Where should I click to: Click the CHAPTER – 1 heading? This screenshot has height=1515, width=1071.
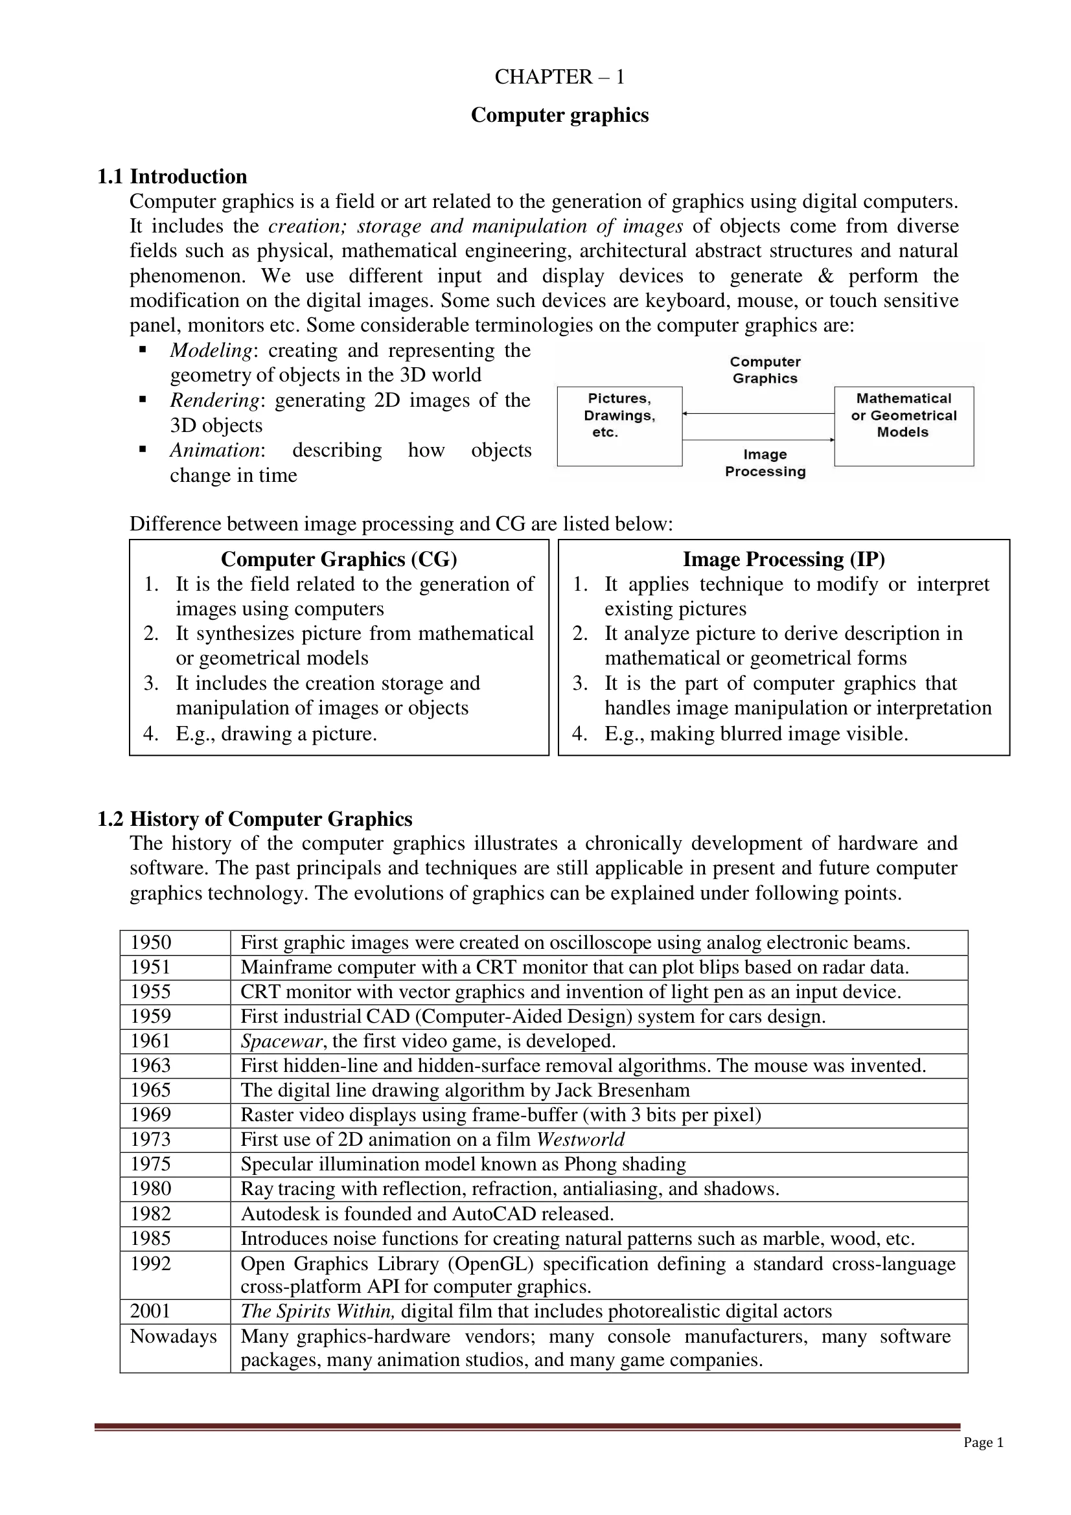[x=559, y=77]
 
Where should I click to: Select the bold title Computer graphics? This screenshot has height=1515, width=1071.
[x=559, y=115]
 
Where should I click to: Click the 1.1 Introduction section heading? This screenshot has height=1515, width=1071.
[x=172, y=177]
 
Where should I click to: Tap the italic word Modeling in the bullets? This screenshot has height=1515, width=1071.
[x=211, y=350]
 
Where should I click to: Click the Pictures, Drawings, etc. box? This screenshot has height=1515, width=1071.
[x=619, y=426]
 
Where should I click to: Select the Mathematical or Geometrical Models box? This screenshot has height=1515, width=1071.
[x=903, y=426]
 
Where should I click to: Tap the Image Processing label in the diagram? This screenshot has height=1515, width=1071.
[x=765, y=463]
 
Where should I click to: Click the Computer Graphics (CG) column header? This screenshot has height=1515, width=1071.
[x=338, y=560]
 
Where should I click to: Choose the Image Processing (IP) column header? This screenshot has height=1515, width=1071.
[x=783, y=560]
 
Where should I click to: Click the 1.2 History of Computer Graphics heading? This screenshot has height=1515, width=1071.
[x=254, y=819]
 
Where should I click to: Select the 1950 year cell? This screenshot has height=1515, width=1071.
[x=150, y=942]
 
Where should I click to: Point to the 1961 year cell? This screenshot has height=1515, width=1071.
[x=150, y=1042]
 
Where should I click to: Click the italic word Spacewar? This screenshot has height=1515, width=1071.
[x=281, y=1042]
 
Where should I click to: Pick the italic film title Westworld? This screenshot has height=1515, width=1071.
[x=580, y=1139]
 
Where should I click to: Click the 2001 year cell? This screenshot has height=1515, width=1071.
[x=150, y=1311]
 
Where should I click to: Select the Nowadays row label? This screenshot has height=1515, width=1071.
[x=173, y=1336]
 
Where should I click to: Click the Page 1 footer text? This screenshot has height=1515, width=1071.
[x=983, y=1443]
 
